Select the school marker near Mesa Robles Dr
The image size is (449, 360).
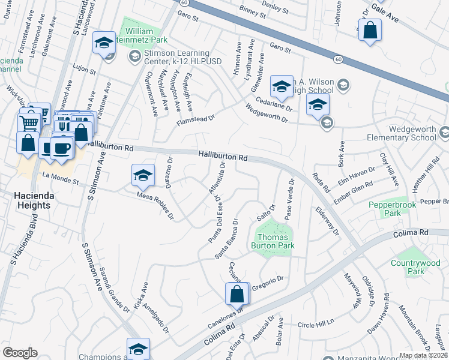pyautogui.click(x=143, y=175)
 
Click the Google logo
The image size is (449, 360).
pyautogui.click(x=20, y=352)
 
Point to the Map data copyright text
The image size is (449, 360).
pyautogui.click(x=423, y=355)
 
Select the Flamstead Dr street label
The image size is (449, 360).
pyautogui.click(x=196, y=121)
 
